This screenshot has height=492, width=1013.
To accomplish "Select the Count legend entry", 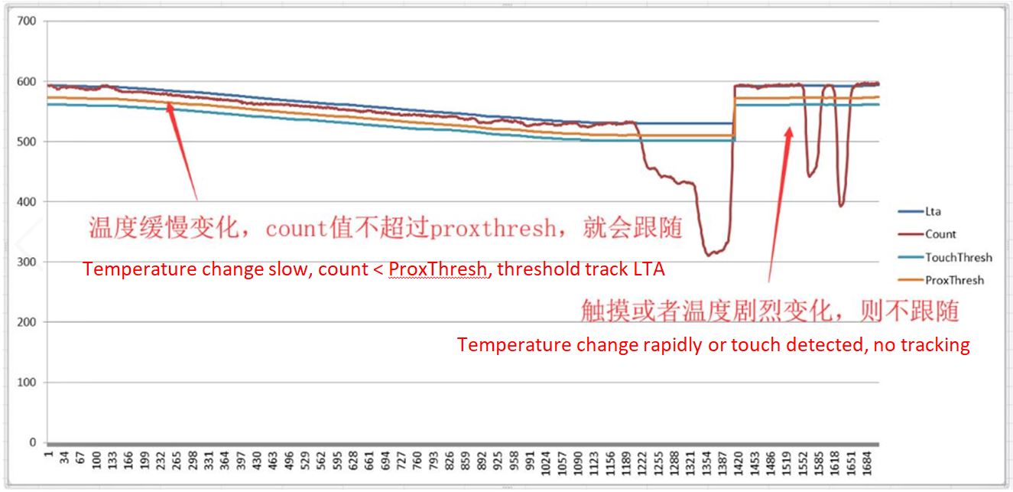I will (940, 234).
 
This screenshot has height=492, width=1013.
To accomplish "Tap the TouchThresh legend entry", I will (958, 257).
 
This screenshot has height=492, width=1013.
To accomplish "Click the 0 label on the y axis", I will (32, 442).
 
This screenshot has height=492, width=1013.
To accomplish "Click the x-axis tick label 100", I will (96, 465).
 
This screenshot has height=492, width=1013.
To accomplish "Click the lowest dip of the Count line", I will (709, 254).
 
